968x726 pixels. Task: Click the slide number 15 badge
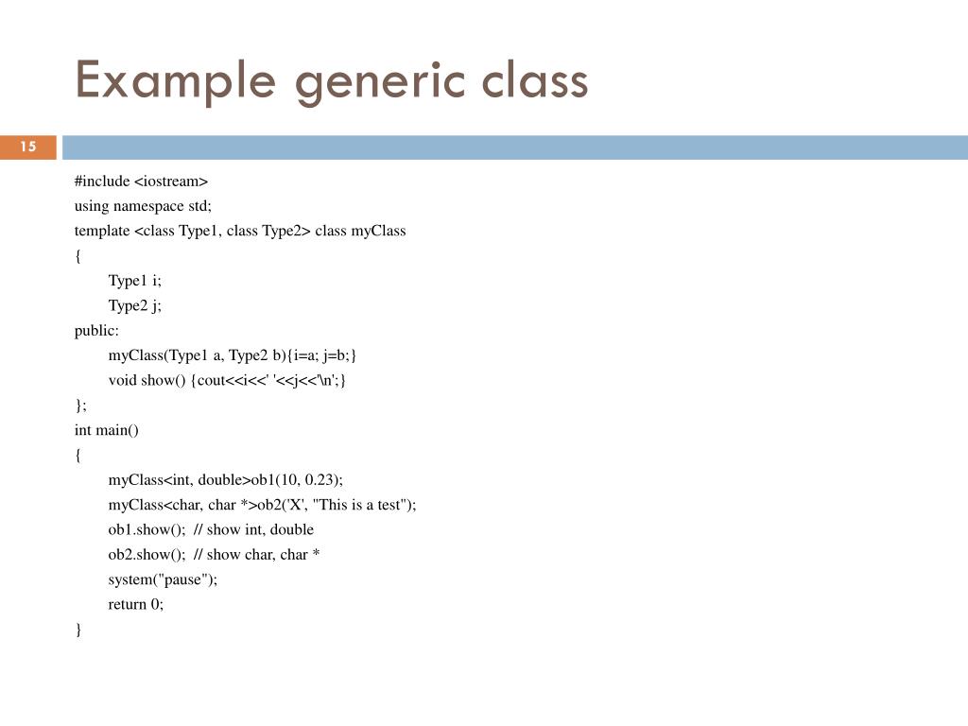(x=28, y=147)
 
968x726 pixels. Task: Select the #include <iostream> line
(x=141, y=181)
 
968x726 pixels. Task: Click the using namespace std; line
(x=144, y=205)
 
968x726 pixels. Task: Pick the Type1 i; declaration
(x=135, y=281)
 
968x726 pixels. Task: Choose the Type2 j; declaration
(x=135, y=305)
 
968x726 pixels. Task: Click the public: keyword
(x=97, y=330)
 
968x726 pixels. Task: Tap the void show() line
(x=227, y=380)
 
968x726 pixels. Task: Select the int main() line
(x=107, y=430)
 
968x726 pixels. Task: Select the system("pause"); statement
(x=163, y=579)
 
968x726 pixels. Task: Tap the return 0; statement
(x=136, y=604)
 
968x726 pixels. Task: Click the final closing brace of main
(x=78, y=630)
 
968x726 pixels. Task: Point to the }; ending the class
(x=80, y=405)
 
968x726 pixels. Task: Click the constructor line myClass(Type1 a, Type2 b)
(x=233, y=355)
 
